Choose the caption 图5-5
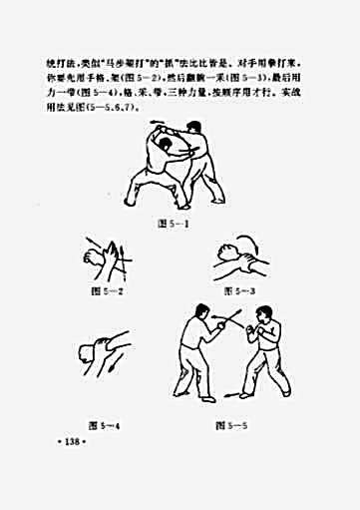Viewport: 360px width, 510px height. coord(232,425)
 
